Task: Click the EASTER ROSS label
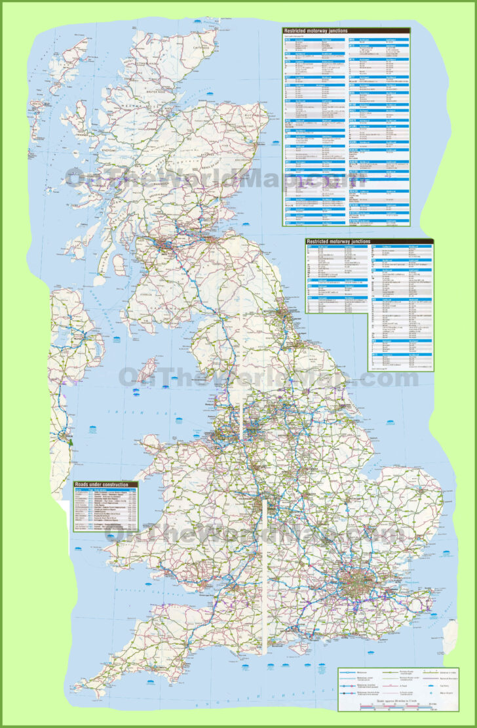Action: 178,109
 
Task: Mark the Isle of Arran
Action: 119,264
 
